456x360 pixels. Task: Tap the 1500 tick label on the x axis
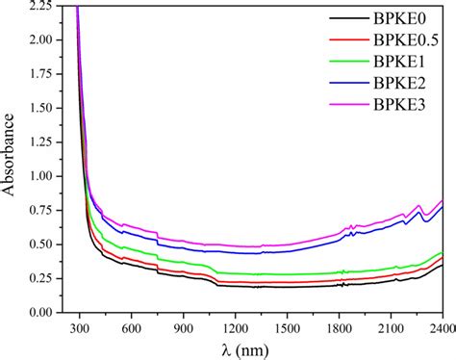click(x=285, y=327)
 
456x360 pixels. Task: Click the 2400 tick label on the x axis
click(x=442, y=327)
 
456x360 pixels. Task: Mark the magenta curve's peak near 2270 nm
click(x=419, y=206)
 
